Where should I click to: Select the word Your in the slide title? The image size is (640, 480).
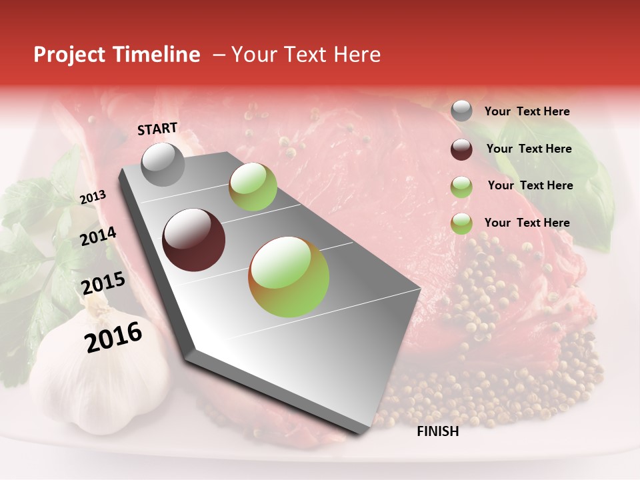tap(253, 55)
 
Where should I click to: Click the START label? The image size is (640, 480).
tap(157, 129)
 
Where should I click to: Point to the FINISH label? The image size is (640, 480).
tap(438, 431)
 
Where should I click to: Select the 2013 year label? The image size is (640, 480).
tap(93, 197)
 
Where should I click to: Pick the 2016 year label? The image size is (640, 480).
tap(113, 337)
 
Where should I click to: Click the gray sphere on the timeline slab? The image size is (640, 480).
tap(163, 164)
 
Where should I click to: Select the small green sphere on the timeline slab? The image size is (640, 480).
tap(253, 187)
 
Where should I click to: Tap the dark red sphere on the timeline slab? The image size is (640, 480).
tap(194, 240)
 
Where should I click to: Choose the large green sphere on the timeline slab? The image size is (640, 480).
tap(289, 277)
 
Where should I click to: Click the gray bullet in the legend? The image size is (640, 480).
tap(461, 111)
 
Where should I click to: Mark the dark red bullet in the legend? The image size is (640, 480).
tap(461, 149)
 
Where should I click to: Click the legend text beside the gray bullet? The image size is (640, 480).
tap(527, 112)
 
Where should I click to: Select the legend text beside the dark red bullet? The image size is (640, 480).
tap(529, 149)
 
